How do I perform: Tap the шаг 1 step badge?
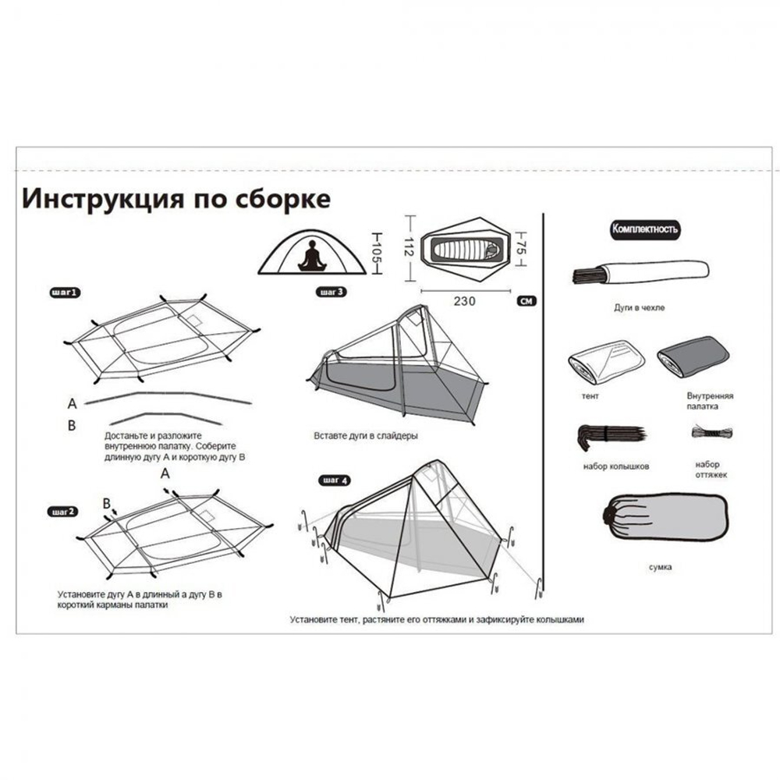64,293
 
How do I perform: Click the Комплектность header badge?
645,229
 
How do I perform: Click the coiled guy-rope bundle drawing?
711,432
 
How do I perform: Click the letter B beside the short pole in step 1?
72,425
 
